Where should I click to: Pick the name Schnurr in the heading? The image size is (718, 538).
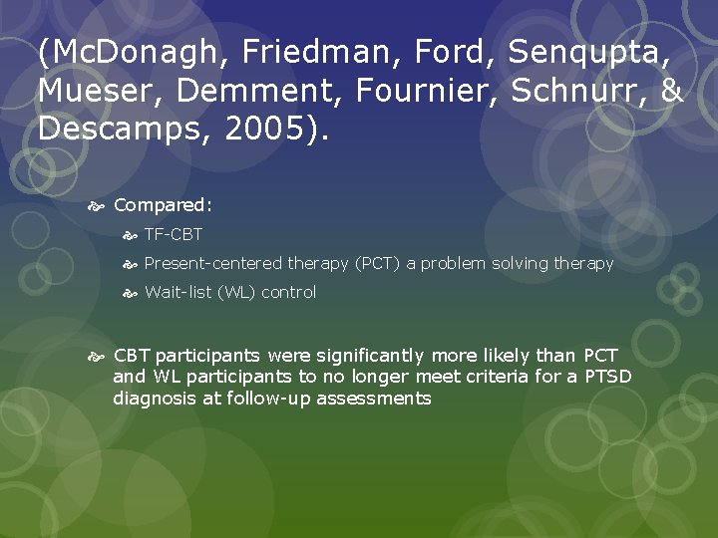point(579,91)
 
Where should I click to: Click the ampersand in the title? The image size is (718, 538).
point(671,91)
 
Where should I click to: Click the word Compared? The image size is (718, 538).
point(163,205)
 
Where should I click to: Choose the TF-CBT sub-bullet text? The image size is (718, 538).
point(174,235)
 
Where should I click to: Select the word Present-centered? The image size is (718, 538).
point(213,264)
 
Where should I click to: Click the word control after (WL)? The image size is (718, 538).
point(288,293)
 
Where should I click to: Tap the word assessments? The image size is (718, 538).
point(375,399)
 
